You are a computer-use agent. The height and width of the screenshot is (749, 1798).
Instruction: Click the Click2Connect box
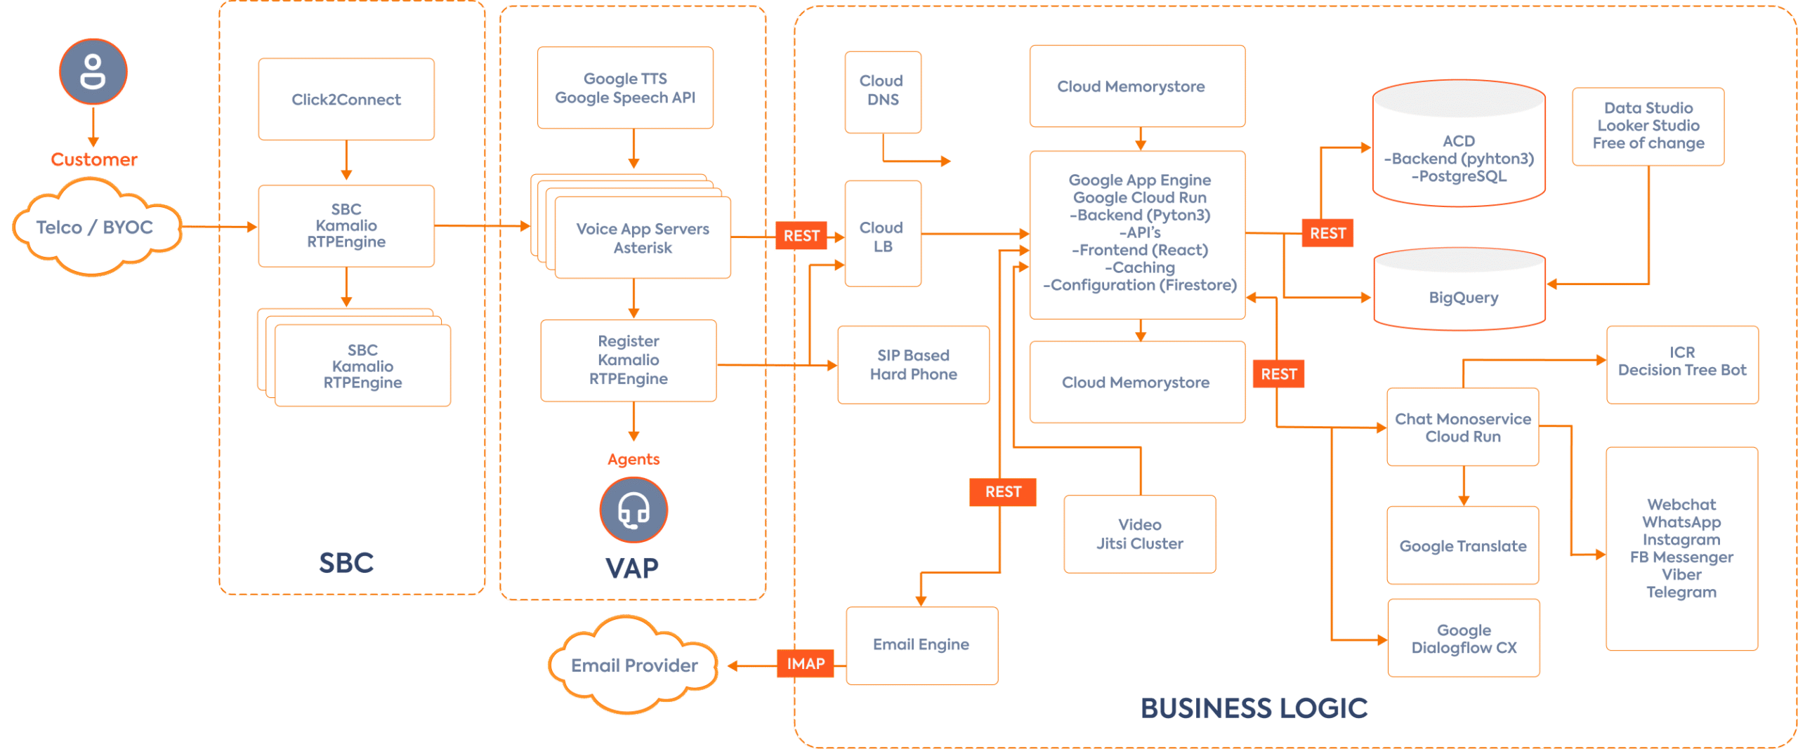tap(346, 99)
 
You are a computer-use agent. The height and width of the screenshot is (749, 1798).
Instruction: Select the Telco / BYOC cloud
tap(95, 227)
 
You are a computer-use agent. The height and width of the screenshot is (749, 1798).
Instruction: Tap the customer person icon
tap(93, 72)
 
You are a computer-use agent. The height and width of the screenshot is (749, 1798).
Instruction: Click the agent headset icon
tap(634, 510)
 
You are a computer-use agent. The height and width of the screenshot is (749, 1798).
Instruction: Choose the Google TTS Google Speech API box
tap(625, 88)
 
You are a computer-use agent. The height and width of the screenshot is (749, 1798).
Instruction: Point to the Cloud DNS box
tap(883, 91)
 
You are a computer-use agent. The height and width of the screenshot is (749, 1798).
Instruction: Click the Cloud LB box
tap(883, 236)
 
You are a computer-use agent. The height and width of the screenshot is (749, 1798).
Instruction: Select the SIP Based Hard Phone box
tap(913, 364)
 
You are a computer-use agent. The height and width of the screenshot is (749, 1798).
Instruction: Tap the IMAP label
tap(806, 663)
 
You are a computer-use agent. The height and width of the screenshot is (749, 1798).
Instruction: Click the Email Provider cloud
tap(634, 665)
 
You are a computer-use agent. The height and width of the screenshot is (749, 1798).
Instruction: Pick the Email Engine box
tap(921, 644)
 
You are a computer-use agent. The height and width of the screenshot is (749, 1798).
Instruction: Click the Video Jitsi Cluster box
tap(1139, 533)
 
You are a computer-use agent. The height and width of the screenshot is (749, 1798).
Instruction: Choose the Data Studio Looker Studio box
tap(1648, 126)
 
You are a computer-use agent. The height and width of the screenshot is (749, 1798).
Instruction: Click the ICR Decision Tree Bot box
tap(1682, 362)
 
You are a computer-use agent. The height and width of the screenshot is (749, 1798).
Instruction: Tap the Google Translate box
tap(1463, 545)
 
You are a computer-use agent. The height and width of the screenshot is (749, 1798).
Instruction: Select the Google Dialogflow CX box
tap(1464, 638)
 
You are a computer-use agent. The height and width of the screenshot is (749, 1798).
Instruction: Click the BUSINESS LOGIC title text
tap(1254, 708)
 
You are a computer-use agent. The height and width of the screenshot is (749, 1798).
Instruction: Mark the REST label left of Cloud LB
tap(801, 236)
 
